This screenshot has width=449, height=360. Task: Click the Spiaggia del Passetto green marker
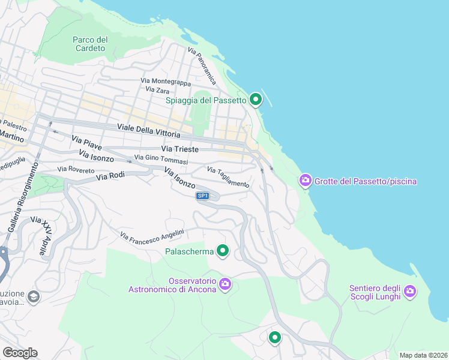(x=256, y=100)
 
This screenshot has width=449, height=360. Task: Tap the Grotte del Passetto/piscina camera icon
(x=306, y=180)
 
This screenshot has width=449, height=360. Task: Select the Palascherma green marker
(x=223, y=251)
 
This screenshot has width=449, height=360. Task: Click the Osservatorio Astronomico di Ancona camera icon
(x=225, y=284)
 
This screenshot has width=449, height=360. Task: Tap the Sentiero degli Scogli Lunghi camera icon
(x=410, y=292)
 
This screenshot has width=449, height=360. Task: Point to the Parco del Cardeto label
(x=90, y=44)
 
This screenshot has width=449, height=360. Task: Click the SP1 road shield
(x=203, y=196)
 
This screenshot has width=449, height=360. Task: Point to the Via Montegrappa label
(x=165, y=81)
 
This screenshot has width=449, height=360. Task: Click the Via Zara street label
(x=157, y=89)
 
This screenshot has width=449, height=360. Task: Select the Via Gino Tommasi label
(x=161, y=159)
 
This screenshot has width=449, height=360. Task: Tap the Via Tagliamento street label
(x=229, y=178)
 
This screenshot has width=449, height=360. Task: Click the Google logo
(x=20, y=352)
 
